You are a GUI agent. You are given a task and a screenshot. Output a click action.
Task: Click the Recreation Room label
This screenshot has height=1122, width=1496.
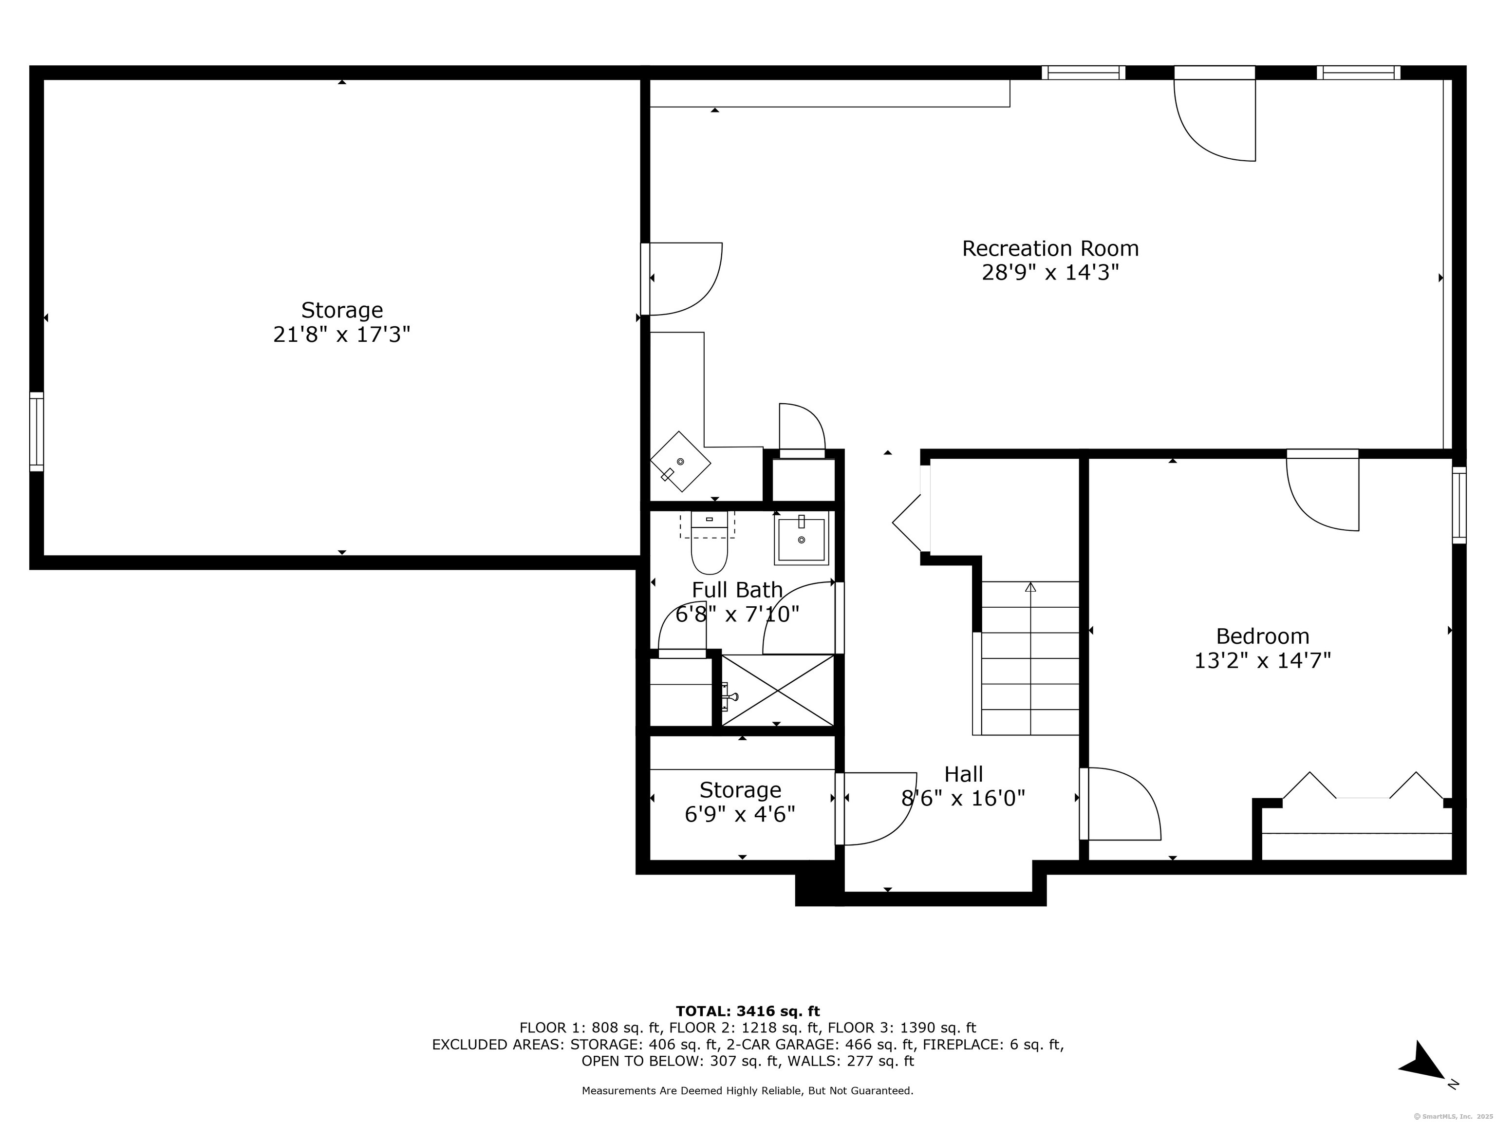point(1050,249)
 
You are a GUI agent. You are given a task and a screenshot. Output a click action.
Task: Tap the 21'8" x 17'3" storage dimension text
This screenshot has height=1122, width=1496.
point(341,335)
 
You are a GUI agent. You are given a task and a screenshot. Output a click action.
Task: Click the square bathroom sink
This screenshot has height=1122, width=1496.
point(802,538)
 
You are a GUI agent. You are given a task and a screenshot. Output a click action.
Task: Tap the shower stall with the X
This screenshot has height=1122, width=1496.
point(778,691)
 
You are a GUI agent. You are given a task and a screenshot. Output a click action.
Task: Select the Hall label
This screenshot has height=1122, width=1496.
point(963,774)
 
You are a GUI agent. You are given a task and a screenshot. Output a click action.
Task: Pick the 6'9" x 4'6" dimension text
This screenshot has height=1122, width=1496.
point(740,814)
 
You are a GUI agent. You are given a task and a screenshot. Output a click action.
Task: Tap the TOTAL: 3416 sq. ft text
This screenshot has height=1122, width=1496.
point(748,1011)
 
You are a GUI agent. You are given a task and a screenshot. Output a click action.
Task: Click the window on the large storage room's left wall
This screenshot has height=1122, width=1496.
point(37,431)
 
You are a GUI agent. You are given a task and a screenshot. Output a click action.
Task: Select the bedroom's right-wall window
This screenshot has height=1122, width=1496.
point(1459,505)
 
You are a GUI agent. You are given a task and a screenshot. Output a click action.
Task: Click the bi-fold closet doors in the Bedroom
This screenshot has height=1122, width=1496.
point(1363,786)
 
